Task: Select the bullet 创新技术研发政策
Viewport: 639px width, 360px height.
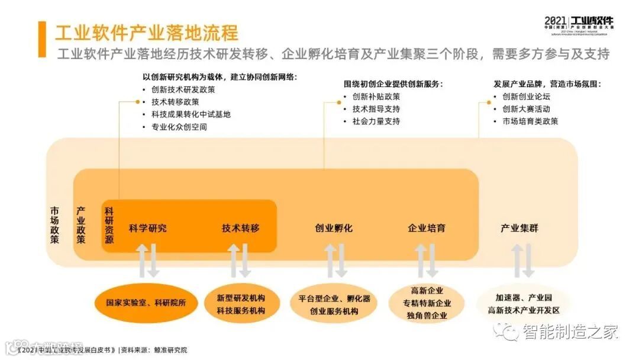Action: pyautogui.click(x=183, y=90)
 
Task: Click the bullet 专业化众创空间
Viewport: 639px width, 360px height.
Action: pyautogui.click(x=179, y=127)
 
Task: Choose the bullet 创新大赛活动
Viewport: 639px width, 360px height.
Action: pyautogui.click(x=526, y=109)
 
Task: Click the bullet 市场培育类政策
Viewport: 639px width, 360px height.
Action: pyautogui.click(x=530, y=121)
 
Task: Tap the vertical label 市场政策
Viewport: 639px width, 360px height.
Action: pyautogui.click(x=54, y=226)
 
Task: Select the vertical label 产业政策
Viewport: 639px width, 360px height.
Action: pyautogui.click(x=81, y=226)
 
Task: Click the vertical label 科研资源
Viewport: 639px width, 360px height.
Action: pyautogui.click(x=109, y=226)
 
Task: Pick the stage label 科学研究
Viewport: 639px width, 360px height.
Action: pyautogui.click(x=147, y=228)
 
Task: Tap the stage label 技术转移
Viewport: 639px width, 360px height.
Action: pyautogui.click(x=240, y=228)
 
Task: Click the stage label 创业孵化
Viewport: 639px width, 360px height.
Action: pyautogui.click(x=334, y=228)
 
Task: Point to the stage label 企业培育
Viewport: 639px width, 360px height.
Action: pyautogui.click(x=427, y=228)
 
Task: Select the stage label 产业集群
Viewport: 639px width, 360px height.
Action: pyautogui.click(x=519, y=228)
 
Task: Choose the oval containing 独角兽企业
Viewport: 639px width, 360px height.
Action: pyautogui.click(x=427, y=303)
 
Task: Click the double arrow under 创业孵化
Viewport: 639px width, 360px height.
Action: pyautogui.click(x=335, y=260)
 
